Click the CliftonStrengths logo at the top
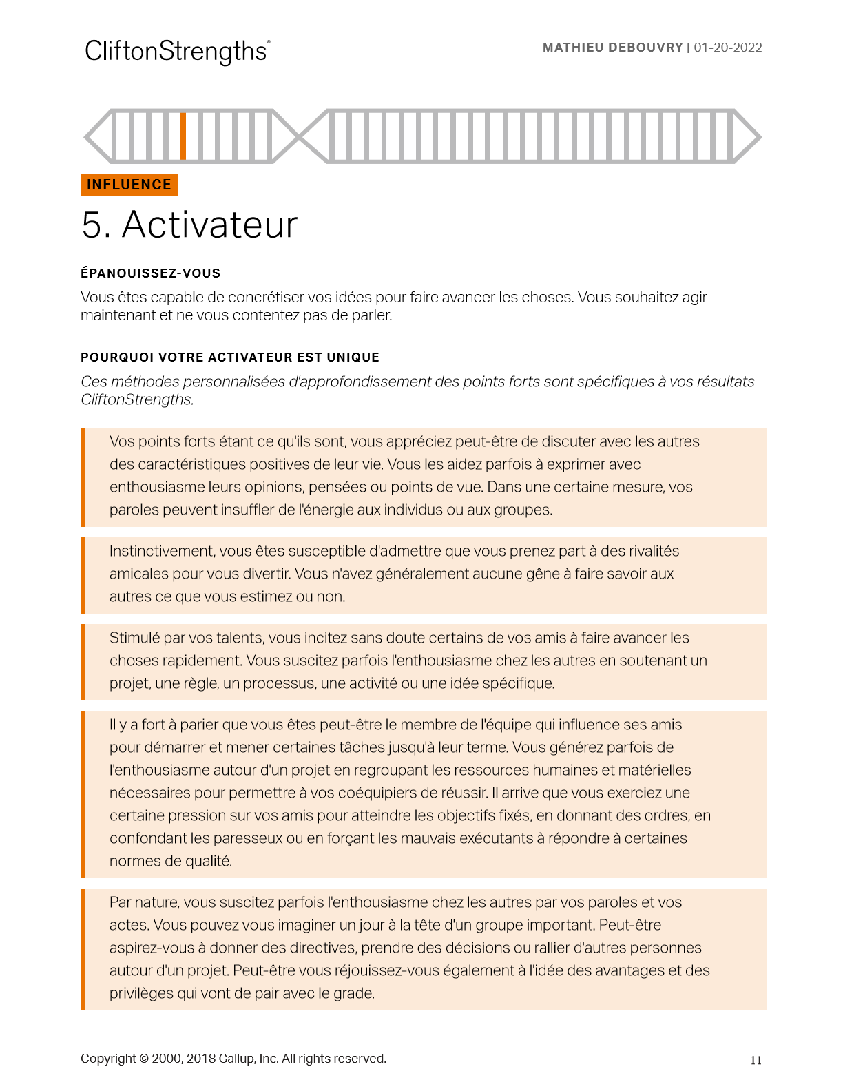177,52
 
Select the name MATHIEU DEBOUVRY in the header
612,48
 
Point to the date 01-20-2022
728,48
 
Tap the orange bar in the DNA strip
183,136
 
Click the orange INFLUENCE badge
129,185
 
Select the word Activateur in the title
209,225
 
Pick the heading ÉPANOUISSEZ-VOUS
150,273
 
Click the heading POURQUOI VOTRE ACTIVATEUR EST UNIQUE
230,357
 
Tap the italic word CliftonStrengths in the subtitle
136,399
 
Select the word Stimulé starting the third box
134,638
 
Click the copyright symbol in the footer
144,1059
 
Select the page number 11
756,1060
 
